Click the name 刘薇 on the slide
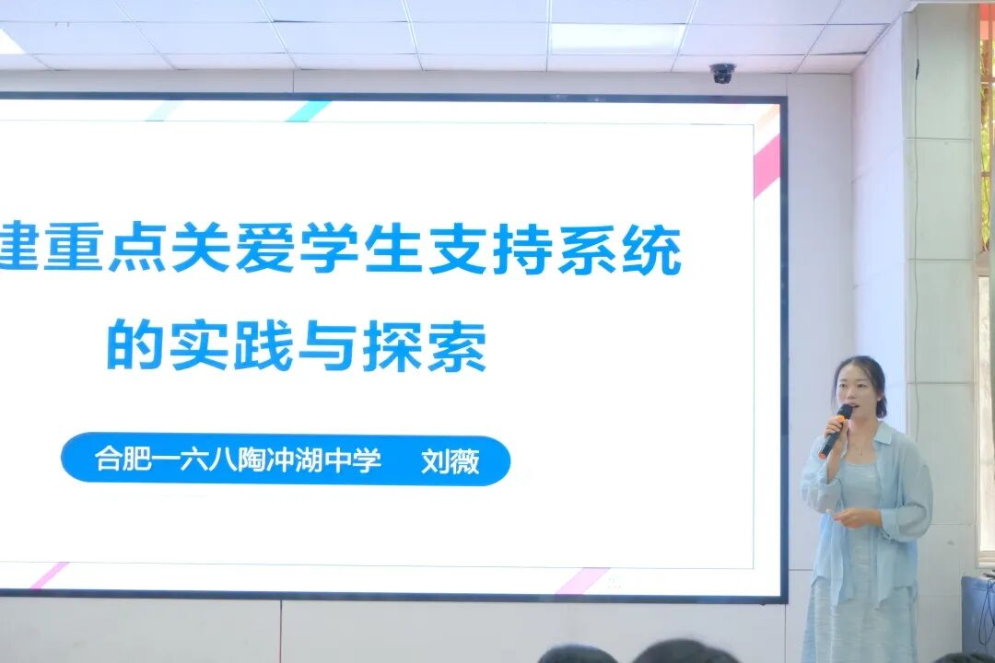tap(450, 460)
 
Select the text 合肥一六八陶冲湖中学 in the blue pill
tap(238, 459)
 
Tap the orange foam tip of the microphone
tap(844, 411)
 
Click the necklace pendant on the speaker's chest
tap(859, 451)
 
